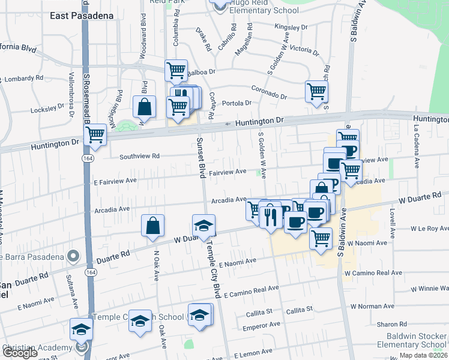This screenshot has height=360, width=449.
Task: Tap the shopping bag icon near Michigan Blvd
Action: click(x=144, y=107)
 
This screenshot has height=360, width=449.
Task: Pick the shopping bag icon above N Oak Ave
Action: click(x=153, y=226)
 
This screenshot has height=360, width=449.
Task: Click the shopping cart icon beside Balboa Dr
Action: click(x=176, y=71)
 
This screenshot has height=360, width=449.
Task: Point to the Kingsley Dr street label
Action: click(x=291, y=28)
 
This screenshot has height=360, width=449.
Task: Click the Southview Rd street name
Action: click(x=139, y=156)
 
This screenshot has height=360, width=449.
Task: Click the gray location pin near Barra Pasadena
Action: click(x=73, y=257)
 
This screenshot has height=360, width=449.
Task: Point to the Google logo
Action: click(x=20, y=353)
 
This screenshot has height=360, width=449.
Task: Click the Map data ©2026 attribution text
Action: click(x=423, y=355)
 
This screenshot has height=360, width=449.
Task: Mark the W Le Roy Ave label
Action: click(x=429, y=229)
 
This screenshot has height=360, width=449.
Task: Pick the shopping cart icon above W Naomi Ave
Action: click(x=321, y=238)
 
